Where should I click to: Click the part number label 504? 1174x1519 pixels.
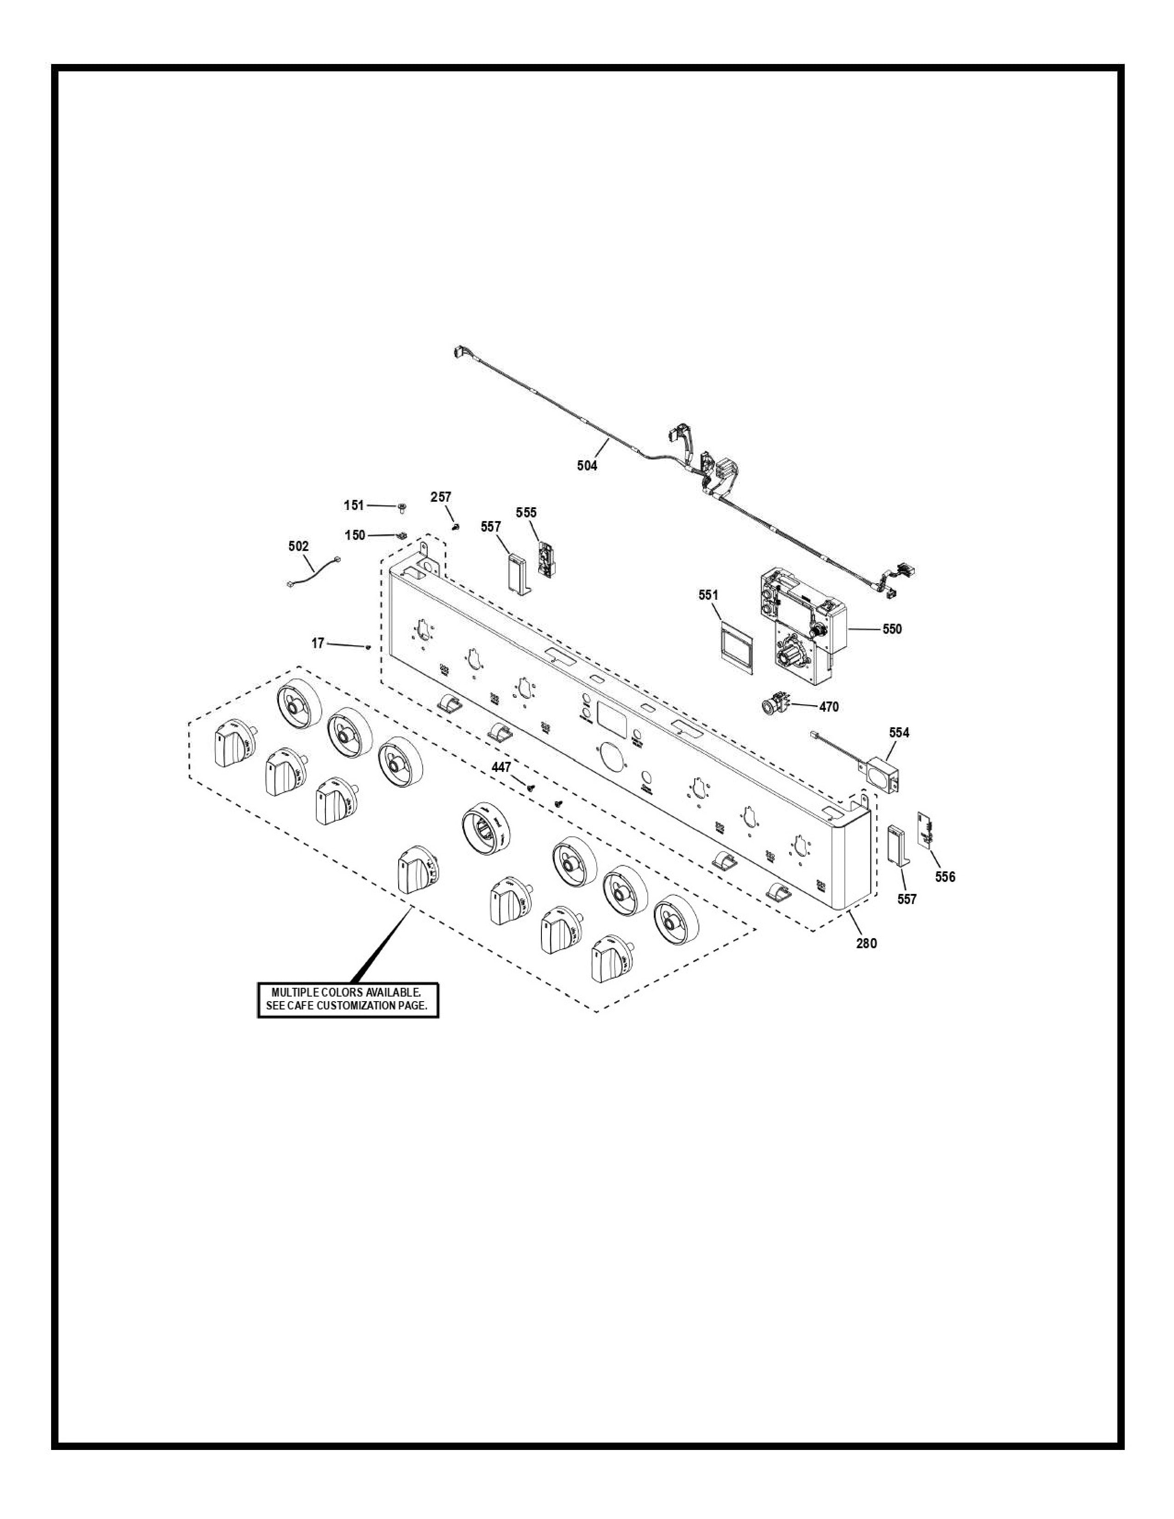coord(586,465)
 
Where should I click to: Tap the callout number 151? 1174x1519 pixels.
coord(353,505)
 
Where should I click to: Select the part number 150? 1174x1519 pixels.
coord(355,535)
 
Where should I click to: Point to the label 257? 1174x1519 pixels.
coord(440,497)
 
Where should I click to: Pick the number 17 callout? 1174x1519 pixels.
coord(318,644)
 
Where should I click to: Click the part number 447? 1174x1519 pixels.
coord(501,767)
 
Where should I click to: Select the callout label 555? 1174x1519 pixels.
coord(526,513)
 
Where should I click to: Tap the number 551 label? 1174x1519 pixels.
coord(708,595)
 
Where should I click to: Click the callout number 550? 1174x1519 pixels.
coord(892,629)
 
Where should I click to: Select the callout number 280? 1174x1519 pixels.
coord(866,943)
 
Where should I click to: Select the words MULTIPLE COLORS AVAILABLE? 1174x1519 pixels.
coord(346,992)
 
